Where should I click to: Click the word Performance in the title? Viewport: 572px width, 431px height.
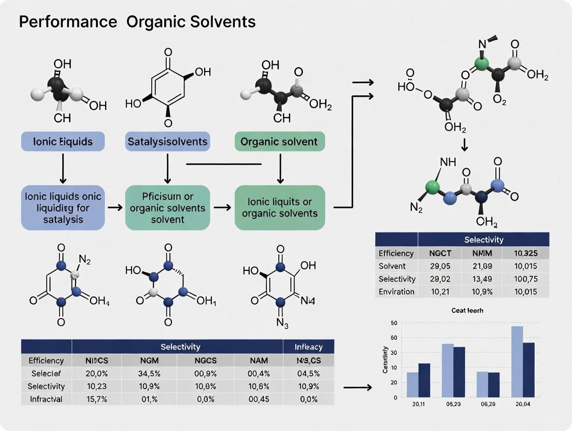(57, 22)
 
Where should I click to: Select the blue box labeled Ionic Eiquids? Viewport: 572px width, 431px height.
(63, 141)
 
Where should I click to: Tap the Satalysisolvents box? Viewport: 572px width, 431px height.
(167, 141)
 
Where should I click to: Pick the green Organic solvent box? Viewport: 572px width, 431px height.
(280, 141)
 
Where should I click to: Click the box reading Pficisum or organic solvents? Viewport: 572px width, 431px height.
(167, 208)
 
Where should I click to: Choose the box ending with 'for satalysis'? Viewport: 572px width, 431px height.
(63, 208)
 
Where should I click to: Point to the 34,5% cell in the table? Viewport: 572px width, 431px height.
(149, 373)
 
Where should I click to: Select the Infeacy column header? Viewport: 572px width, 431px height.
(308, 347)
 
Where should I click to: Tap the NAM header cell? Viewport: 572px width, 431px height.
(259, 361)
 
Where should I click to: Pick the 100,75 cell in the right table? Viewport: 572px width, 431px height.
(523, 279)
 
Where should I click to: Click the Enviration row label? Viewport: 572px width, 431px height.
(396, 292)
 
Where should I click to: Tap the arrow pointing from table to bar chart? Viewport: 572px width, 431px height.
(357, 387)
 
